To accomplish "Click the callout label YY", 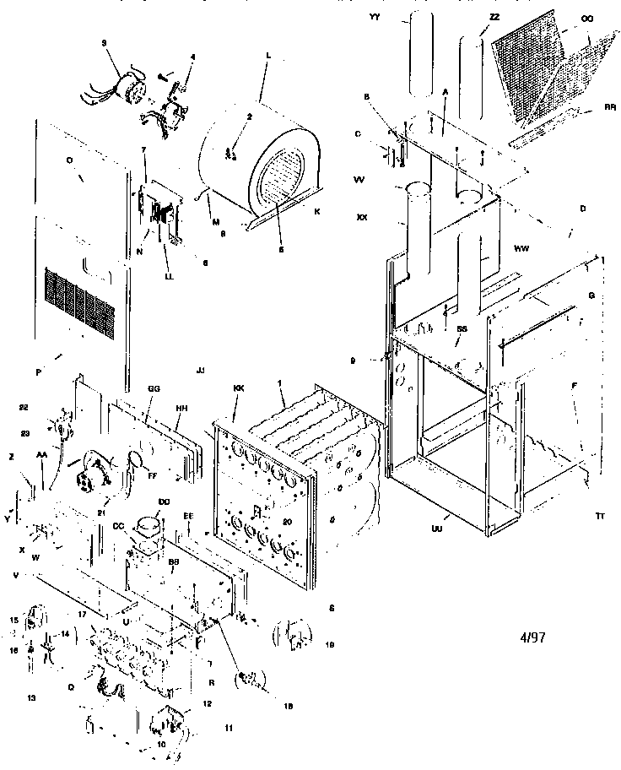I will coord(375,16).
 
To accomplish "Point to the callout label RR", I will coord(608,108).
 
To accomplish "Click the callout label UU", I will coord(437,529).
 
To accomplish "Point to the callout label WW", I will coord(521,247).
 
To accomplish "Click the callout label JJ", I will coord(200,371).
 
